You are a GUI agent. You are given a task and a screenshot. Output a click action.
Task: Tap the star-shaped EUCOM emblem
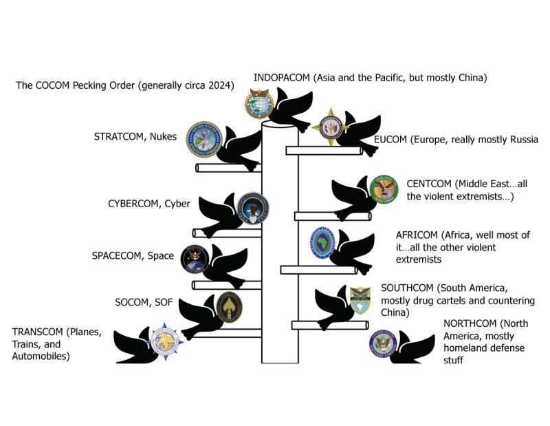click(328, 127)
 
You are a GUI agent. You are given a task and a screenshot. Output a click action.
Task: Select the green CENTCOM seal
click(384, 189)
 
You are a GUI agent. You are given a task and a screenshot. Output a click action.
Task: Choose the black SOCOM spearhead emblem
click(229, 306)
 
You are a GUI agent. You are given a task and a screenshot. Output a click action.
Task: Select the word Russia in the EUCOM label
click(519, 140)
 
